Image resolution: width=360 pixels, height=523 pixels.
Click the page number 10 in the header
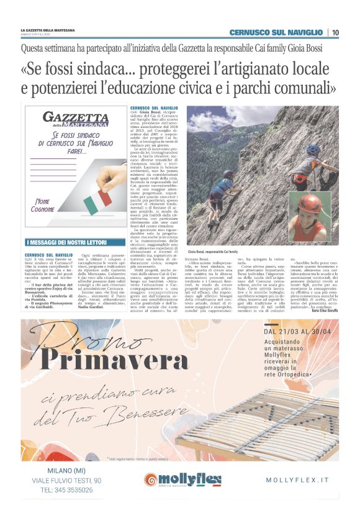click(x=335, y=32)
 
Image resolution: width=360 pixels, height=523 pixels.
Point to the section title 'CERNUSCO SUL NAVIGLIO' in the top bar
click(x=276, y=32)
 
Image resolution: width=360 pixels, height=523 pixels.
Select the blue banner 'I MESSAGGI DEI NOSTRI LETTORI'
click(x=73, y=242)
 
